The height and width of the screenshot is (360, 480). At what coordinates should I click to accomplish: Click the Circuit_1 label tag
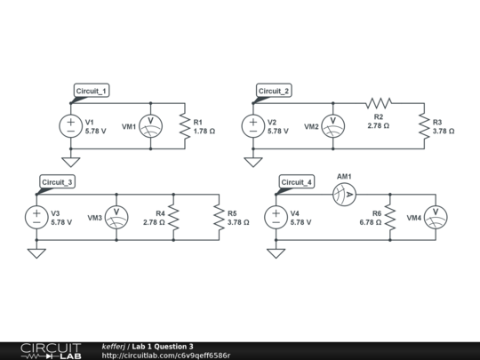click(x=92, y=91)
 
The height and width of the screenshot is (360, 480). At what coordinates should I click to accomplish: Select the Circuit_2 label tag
click(x=274, y=91)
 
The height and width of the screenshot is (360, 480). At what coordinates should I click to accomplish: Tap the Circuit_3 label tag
click(x=58, y=182)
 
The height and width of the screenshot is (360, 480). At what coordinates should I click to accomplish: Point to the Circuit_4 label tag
click(x=297, y=182)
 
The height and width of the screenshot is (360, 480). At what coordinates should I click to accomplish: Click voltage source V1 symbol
click(x=70, y=126)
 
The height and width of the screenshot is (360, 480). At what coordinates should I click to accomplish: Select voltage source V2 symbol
click(x=253, y=126)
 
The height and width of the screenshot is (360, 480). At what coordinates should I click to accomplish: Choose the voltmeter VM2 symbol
click(x=333, y=126)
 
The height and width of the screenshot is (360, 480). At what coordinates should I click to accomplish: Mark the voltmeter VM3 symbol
click(x=116, y=218)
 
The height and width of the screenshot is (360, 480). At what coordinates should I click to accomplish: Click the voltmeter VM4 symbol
click(x=436, y=218)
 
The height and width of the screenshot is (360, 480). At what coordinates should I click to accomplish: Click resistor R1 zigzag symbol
click(x=184, y=126)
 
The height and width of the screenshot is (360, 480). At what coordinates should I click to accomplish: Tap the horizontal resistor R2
click(x=379, y=103)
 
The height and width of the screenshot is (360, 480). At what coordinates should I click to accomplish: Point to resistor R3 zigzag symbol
click(x=424, y=126)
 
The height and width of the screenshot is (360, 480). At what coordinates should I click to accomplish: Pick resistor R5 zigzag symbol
click(x=219, y=218)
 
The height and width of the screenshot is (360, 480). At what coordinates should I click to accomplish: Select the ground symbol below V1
click(x=70, y=162)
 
